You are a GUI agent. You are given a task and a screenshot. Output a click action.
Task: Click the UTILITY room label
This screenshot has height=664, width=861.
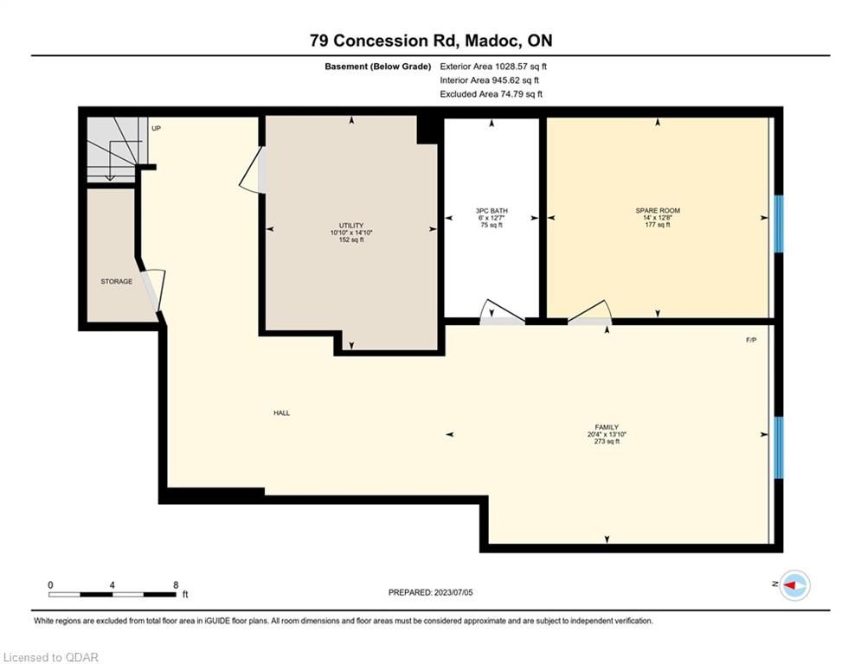[x=350, y=226]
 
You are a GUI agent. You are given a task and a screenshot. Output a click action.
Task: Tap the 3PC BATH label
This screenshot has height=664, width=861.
[x=492, y=211]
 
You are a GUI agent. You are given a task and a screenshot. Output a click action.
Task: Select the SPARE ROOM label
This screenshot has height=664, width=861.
[x=658, y=211]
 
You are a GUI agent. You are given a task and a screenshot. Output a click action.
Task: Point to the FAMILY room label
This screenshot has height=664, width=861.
[x=607, y=427]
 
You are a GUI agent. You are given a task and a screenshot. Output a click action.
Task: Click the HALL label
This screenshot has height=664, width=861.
[x=282, y=413]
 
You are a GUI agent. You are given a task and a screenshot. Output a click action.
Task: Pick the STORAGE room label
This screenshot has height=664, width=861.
[x=117, y=282]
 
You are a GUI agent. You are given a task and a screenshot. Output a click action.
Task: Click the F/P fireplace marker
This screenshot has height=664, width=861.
[x=751, y=341]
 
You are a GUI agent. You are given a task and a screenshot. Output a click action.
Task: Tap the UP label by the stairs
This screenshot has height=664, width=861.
[x=156, y=129]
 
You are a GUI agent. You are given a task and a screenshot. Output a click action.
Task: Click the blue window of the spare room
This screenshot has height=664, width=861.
[x=779, y=223]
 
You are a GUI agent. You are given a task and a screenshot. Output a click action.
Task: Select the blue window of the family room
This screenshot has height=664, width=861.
[x=779, y=448]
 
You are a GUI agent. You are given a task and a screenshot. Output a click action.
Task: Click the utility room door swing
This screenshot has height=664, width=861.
[x=254, y=170]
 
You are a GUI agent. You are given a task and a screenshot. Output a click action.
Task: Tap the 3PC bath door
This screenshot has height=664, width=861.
[x=503, y=312]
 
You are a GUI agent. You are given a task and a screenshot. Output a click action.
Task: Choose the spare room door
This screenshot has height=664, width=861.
[x=589, y=313]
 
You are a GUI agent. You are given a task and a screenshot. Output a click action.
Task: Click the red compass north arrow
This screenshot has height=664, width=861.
[x=791, y=585]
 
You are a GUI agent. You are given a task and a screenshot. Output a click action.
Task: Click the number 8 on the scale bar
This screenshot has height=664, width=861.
[x=176, y=585]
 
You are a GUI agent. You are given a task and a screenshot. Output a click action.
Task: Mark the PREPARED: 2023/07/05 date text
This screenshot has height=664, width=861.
[x=431, y=592]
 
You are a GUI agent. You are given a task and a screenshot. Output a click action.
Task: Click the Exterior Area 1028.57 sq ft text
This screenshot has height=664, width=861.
[x=493, y=67]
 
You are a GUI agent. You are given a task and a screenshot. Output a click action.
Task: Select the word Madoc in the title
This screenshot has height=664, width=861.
[x=492, y=41]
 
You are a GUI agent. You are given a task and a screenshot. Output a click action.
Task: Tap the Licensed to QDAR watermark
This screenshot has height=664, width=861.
[x=50, y=657]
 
